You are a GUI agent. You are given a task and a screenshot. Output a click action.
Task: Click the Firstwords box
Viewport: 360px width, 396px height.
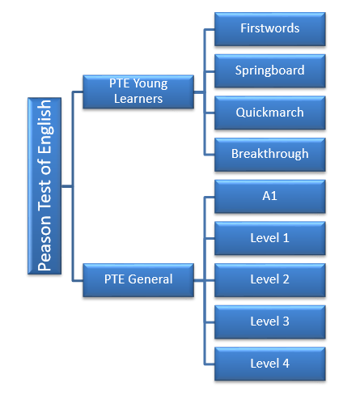270,29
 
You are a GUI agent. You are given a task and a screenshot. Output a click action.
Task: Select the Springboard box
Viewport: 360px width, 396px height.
270,71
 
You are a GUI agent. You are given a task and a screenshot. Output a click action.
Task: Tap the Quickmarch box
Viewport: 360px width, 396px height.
270,113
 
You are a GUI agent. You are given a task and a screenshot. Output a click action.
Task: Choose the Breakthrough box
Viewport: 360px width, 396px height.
270,155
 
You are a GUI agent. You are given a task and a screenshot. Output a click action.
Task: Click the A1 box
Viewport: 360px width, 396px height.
270,197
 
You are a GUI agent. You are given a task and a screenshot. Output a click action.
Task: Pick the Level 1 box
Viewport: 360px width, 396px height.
270,238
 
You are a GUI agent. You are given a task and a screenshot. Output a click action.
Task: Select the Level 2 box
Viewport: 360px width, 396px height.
270,280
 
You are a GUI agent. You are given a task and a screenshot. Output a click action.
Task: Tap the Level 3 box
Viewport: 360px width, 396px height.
270,322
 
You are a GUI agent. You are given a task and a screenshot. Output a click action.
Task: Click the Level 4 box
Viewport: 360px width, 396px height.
270,364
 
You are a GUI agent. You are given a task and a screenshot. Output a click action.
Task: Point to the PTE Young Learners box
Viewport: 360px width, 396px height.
138,92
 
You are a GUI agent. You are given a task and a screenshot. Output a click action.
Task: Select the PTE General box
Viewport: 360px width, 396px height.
138,280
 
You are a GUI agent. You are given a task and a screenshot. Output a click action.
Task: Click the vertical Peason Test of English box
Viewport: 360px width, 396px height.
44,186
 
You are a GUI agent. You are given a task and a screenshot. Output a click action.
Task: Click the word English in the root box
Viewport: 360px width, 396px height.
45,127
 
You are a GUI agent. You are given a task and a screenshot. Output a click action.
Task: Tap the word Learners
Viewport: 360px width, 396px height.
138,99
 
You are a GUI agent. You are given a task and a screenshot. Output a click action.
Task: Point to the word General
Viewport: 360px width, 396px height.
150,279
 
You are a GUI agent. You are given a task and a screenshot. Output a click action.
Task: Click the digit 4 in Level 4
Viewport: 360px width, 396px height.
286,364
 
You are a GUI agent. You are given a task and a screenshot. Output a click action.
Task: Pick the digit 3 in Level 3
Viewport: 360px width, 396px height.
286,321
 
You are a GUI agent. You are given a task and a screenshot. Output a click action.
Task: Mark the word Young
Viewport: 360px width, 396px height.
150,84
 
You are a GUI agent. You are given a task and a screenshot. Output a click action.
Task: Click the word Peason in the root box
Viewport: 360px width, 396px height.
44,243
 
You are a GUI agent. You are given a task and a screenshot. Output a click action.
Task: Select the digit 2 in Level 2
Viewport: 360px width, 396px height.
286,279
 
